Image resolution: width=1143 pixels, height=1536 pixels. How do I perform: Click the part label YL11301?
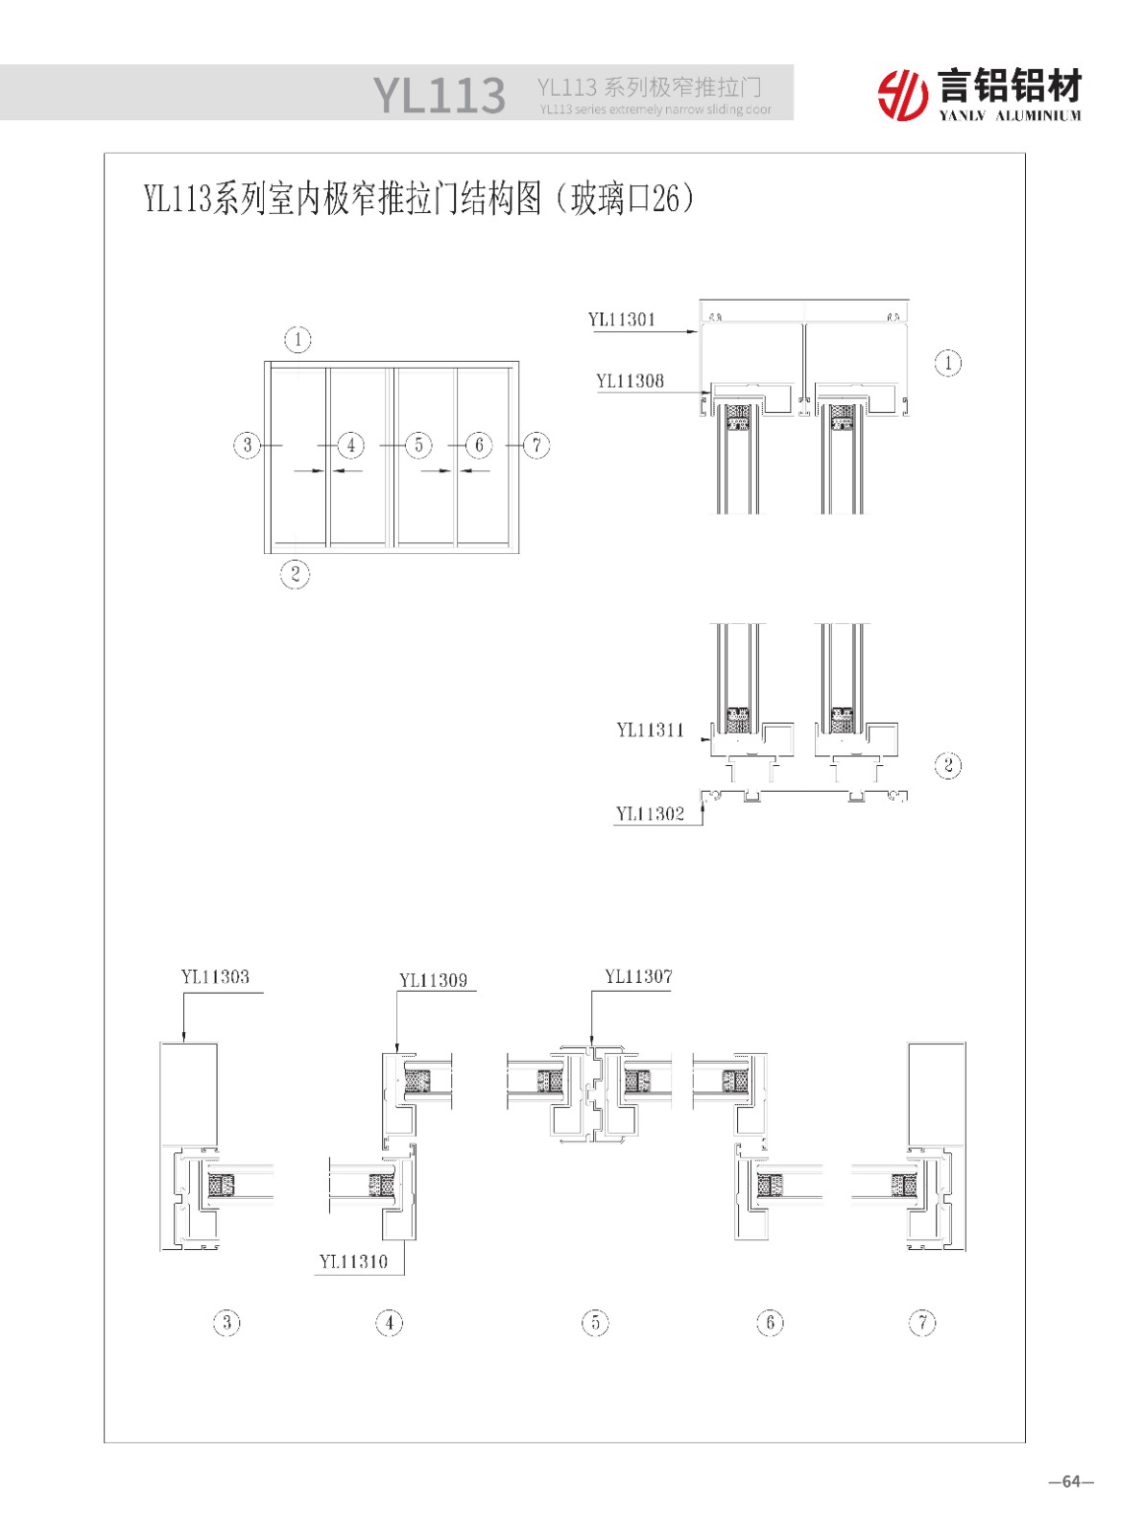coord(621,320)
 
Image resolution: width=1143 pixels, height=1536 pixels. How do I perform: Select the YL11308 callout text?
coord(630,381)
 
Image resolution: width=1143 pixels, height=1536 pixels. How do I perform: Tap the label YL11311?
coord(650,730)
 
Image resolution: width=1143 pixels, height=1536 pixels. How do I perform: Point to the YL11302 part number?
coord(650,814)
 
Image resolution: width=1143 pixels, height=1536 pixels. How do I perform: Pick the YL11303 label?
coord(215,977)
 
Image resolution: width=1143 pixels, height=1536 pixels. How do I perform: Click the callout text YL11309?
coord(433,980)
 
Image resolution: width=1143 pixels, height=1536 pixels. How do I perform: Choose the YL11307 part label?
coord(638,976)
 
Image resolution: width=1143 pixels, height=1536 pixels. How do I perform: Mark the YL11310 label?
coord(353,1261)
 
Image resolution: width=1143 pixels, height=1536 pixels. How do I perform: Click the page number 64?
coord(1071,1481)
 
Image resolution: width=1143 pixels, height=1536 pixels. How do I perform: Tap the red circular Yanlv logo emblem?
coord(902,94)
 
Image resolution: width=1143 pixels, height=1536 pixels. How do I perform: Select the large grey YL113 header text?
coord(439,95)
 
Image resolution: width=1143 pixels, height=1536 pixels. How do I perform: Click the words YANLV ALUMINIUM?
coord(1010,116)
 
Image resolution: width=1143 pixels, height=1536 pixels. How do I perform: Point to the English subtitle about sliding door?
coord(655,109)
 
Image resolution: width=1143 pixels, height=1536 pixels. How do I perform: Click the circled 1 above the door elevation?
coord(298,339)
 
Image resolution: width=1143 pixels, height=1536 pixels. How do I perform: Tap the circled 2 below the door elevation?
coord(295,574)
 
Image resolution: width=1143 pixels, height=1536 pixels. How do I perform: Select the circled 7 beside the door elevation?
coord(536,444)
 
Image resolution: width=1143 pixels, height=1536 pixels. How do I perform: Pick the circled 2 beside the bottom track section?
coord(947,765)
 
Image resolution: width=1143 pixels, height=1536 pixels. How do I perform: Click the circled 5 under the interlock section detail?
coord(595,1323)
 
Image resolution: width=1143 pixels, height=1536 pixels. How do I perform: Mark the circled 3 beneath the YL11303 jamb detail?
coord(226,1323)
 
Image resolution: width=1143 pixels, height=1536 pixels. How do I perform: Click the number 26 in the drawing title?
coord(665,199)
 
